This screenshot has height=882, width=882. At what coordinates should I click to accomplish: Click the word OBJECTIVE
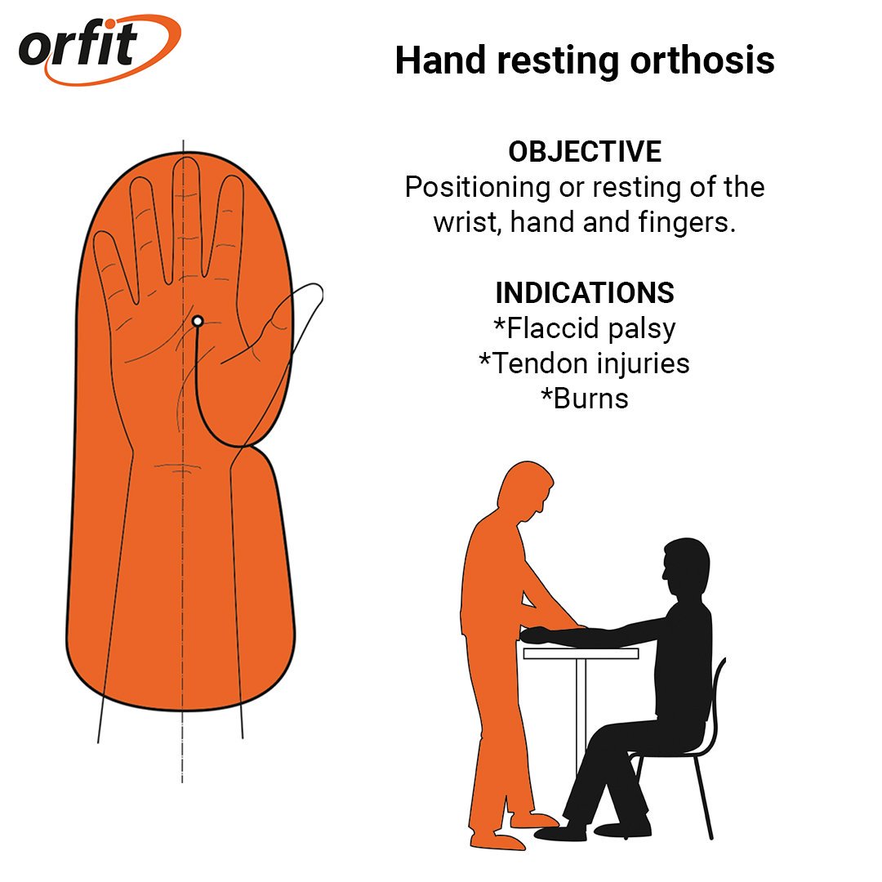585,152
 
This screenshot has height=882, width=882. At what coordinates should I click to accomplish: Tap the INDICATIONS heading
585,292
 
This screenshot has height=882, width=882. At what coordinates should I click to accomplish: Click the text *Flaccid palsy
585,328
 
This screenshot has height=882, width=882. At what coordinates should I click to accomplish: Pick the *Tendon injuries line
585,363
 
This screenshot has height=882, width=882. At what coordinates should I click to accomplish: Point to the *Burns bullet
585,399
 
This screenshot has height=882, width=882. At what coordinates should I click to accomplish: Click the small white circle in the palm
197,322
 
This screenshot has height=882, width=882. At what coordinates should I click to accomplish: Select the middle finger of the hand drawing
186,204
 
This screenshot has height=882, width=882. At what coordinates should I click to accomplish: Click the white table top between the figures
581,653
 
